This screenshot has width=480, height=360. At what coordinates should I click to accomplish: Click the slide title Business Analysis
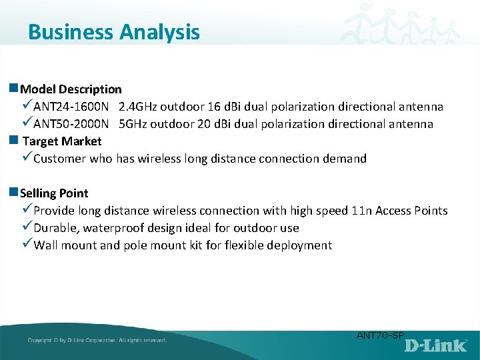(114, 32)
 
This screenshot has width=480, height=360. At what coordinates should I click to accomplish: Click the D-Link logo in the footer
(437, 345)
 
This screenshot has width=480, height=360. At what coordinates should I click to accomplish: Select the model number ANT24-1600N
(71, 107)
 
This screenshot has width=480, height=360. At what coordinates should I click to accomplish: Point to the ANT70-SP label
(380, 335)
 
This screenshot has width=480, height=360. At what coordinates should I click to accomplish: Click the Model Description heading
(71, 89)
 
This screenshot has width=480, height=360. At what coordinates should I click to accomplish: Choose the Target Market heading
(62, 141)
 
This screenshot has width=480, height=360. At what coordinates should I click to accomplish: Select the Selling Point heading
(54, 193)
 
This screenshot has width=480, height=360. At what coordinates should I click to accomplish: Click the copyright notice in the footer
(97, 340)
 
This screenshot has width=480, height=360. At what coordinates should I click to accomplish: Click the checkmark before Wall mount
(27, 245)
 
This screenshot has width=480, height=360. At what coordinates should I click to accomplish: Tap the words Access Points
(411, 211)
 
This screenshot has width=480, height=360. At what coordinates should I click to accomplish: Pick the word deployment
(299, 245)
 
